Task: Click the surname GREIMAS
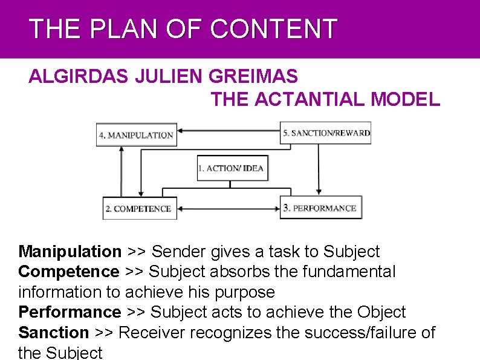(x=253, y=77)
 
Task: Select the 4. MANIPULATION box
(x=136, y=135)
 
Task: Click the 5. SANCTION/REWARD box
(x=326, y=133)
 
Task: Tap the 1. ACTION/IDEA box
(x=232, y=168)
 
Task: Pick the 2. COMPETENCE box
(x=140, y=209)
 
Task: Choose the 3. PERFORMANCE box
(x=320, y=208)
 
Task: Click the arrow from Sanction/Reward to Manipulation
(x=229, y=129)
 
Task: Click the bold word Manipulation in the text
(x=70, y=252)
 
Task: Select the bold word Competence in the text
(x=69, y=272)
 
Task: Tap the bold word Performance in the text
(x=70, y=312)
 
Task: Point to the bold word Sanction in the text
(x=54, y=332)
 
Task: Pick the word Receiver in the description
(x=156, y=332)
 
